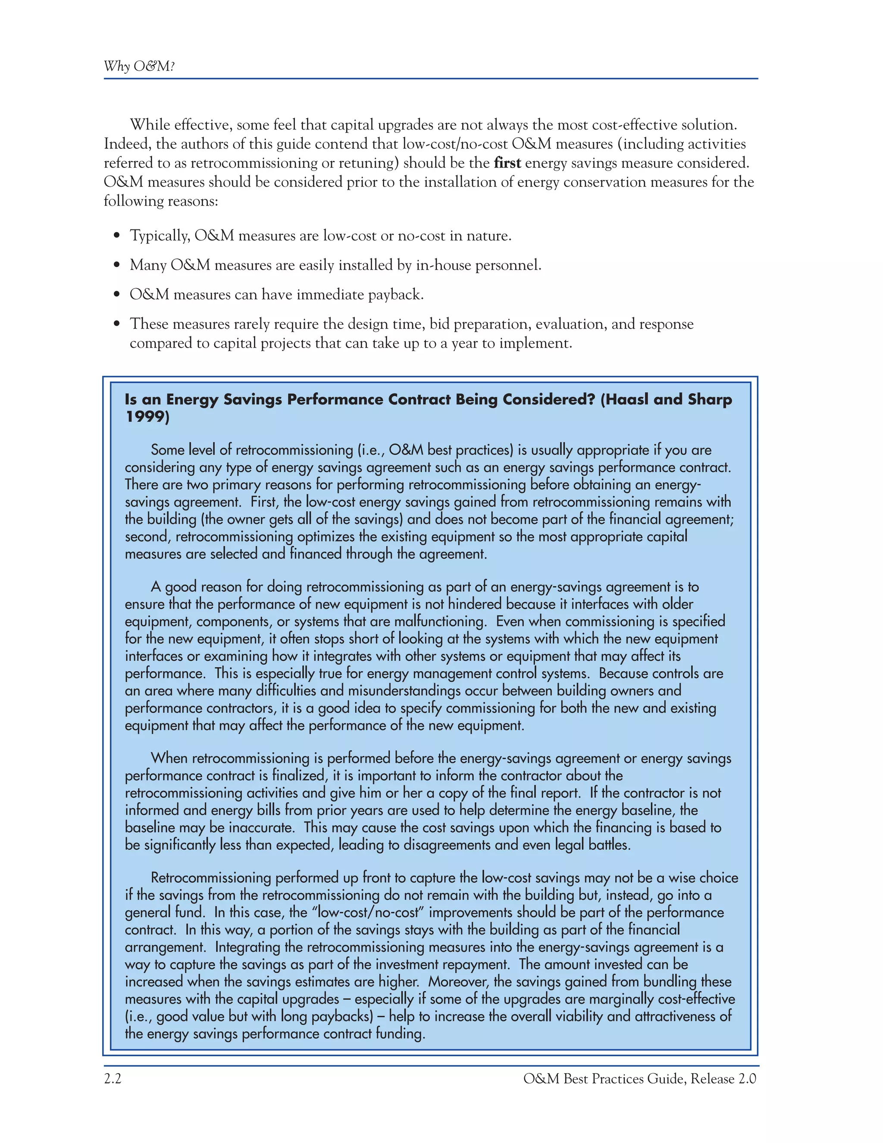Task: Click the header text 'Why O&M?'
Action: coord(139,66)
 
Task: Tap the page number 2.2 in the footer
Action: coord(113,1079)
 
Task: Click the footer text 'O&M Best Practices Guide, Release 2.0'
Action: coord(639,1079)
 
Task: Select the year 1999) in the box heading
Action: coord(147,417)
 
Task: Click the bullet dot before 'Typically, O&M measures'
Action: coord(117,236)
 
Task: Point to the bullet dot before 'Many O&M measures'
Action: coord(117,265)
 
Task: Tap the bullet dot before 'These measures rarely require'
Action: coord(117,324)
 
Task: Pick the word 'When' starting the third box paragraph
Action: coord(169,758)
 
